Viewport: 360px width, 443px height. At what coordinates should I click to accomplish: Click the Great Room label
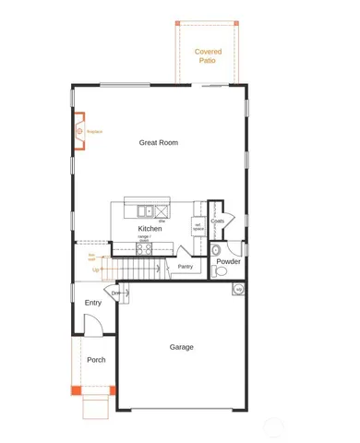coord(158,143)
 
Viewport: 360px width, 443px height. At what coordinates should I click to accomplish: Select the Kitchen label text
coord(150,228)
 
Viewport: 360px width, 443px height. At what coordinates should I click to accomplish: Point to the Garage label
coord(181,347)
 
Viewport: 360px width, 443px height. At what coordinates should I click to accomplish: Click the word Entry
coord(93,303)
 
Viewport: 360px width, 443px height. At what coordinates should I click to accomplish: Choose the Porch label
coord(96,360)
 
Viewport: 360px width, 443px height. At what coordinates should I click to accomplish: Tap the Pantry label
coord(185,268)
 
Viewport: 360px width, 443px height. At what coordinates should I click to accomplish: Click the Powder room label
coord(228,261)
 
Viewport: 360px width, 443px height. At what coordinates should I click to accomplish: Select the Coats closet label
coord(218,221)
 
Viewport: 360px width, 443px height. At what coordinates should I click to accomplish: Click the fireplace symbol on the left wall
coord(79,132)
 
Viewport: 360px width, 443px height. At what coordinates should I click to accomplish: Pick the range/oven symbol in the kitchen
coord(144,247)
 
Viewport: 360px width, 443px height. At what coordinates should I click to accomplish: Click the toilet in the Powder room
coord(216,249)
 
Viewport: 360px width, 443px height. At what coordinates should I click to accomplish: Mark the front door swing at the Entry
coord(92,325)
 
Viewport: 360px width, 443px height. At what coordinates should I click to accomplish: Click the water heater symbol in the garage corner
coord(238,290)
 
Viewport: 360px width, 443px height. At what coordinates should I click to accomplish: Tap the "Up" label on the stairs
coord(94,269)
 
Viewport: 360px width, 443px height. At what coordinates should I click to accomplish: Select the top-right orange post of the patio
coord(236,22)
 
